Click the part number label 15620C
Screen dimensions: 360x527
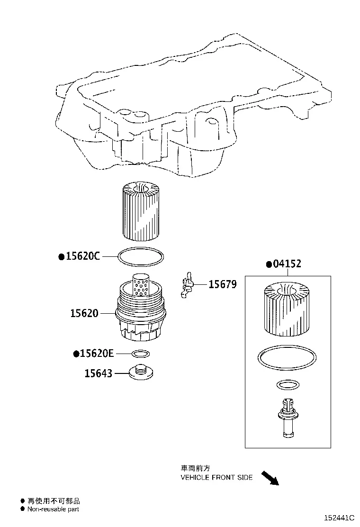[x=83, y=256]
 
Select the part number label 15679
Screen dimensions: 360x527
[x=223, y=284]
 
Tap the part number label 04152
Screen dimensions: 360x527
[x=287, y=264]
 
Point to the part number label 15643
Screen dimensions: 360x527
[x=99, y=373]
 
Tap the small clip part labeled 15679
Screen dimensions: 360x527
[x=188, y=285]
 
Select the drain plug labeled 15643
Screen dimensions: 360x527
[x=141, y=373]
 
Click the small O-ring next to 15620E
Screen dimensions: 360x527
[x=141, y=354]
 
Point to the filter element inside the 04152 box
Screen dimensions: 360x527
[x=287, y=309]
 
